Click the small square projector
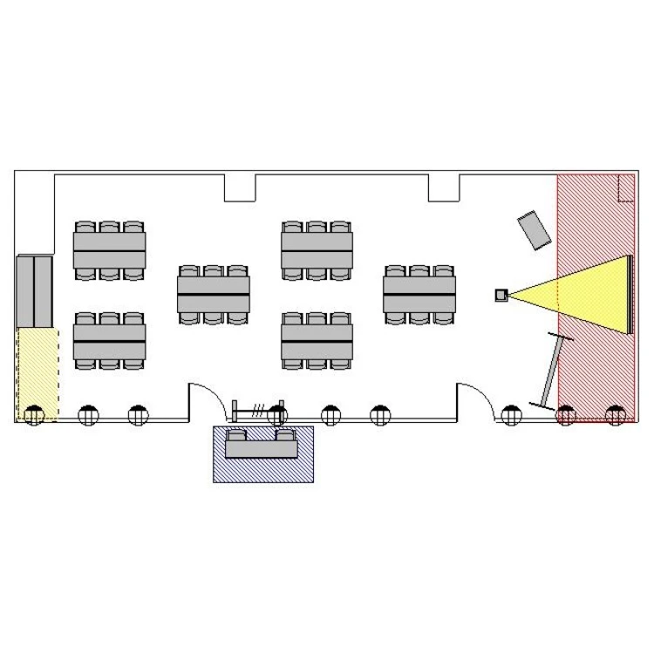click(x=501, y=295)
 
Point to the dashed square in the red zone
click(x=624, y=187)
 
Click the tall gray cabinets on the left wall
click(x=35, y=290)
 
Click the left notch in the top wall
click(x=240, y=187)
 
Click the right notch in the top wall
click(x=443, y=187)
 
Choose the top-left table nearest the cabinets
click(x=109, y=249)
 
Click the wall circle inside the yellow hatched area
click(x=34, y=415)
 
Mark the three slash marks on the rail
click(x=259, y=408)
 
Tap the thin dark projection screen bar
click(x=629, y=294)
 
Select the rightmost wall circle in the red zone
click(x=616, y=415)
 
